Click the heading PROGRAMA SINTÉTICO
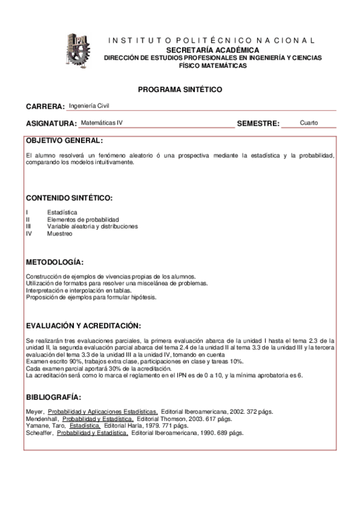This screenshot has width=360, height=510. (180, 90)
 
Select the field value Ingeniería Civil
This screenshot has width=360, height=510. (90, 106)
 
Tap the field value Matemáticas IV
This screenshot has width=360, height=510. (102, 122)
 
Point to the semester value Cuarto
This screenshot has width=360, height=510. (309, 123)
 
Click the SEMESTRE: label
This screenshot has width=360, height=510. (258, 124)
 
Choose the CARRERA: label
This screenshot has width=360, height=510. (45, 107)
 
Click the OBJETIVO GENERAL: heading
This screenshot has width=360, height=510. (64, 141)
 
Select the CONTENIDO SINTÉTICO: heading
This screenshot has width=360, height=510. (69, 198)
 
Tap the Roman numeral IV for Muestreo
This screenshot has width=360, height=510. (29, 234)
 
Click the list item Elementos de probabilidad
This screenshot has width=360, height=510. (83, 220)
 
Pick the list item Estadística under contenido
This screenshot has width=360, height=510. (62, 212)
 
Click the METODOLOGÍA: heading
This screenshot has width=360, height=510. (55, 263)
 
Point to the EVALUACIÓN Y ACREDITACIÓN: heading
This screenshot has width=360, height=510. (84, 325)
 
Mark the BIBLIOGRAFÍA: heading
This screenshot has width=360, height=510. (53, 398)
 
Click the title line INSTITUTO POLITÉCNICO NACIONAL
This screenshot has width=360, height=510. (212, 40)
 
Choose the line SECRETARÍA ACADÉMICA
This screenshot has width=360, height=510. (213, 49)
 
